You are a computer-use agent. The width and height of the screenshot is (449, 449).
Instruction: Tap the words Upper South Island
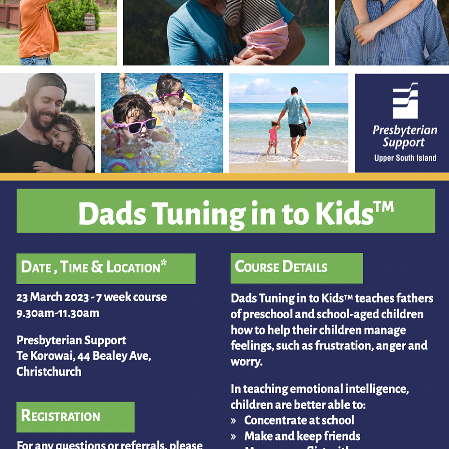pos(405,158)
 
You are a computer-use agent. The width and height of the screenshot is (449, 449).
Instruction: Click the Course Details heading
pos(281,267)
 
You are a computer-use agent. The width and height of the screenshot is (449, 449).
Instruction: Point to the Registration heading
pos(61,416)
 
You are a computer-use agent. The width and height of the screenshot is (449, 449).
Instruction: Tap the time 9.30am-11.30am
pos(58,313)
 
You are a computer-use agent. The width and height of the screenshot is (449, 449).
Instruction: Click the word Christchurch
pos(49,372)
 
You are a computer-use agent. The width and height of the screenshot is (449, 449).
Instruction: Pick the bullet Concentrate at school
pos(299,420)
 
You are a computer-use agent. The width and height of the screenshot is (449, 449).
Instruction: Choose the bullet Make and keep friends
pos(302,436)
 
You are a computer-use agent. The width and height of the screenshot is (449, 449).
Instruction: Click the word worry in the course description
pos(246,362)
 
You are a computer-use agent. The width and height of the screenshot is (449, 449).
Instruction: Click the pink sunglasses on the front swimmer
pos(135,126)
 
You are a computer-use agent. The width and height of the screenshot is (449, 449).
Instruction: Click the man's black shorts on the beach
pos(297,130)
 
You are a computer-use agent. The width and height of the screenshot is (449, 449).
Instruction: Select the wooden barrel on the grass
pos(89,22)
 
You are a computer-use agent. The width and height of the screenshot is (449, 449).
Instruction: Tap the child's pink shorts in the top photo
pos(267,39)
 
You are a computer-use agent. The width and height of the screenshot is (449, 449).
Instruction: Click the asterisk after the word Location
pos(163,263)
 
